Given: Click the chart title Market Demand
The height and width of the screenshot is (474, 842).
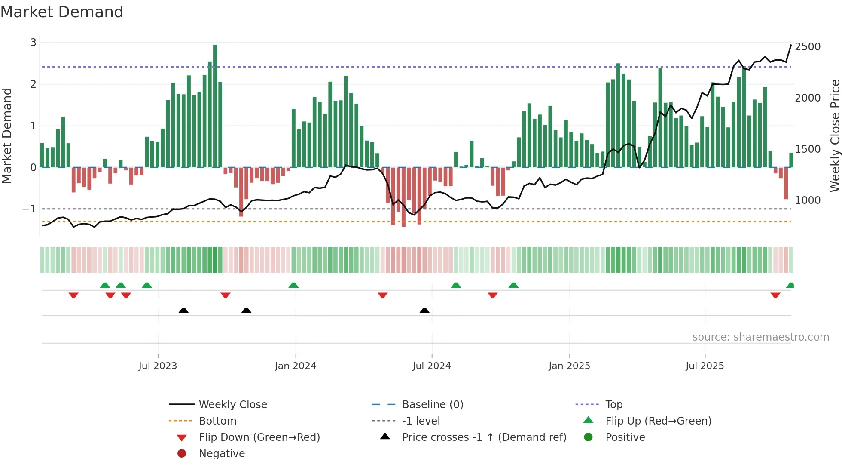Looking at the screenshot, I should pyautogui.click(x=62, y=12).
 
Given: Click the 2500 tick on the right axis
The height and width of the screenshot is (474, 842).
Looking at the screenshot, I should pyautogui.click(x=807, y=47).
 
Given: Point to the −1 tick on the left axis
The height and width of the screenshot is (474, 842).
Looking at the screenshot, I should pyautogui.click(x=30, y=209).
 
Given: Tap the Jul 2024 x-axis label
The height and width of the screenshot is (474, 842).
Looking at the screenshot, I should pyautogui.click(x=431, y=366).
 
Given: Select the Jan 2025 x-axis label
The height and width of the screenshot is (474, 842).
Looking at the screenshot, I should pyautogui.click(x=569, y=366).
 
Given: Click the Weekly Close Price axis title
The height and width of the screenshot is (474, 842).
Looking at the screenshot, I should pyautogui.click(x=835, y=135).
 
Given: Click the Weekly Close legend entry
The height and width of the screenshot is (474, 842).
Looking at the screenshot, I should pyautogui.click(x=232, y=405).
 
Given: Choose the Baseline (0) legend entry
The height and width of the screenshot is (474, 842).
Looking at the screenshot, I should pyautogui.click(x=432, y=405).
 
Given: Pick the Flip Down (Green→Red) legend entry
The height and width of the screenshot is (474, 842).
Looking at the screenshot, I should pyautogui.click(x=259, y=437).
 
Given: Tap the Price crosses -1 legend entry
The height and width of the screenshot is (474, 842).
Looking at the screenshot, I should pyautogui.click(x=484, y=437).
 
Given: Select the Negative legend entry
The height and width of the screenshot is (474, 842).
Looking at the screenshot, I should pyautogui.click(x=222, y=454).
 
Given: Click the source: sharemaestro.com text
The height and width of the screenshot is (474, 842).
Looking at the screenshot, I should pyautogui.click(x=760, y=337).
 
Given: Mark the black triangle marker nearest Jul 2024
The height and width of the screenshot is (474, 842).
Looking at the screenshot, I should pyautogui.click(x=424, y=310).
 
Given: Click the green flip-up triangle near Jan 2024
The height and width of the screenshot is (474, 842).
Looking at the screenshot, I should pyautogui.click(x=293, y=285).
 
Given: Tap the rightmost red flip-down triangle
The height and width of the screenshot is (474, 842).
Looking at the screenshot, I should pyautogui.click(x=775, y=295).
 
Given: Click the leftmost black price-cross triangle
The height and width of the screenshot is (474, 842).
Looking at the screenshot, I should pyautogui.click(x=183, y=310).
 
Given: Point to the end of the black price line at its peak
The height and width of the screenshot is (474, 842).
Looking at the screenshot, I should pyautogui.click(x=791, y=45).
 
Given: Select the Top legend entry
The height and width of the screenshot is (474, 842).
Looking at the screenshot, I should pyautogui.click(x=613, y=405).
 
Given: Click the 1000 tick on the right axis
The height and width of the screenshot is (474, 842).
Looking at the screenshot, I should pyautogui.click(x=807, y=200).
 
